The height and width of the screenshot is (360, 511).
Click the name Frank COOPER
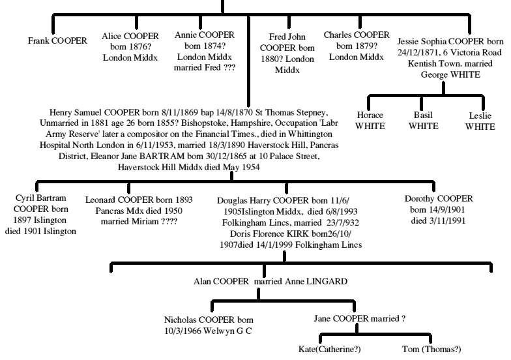[57, 40]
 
